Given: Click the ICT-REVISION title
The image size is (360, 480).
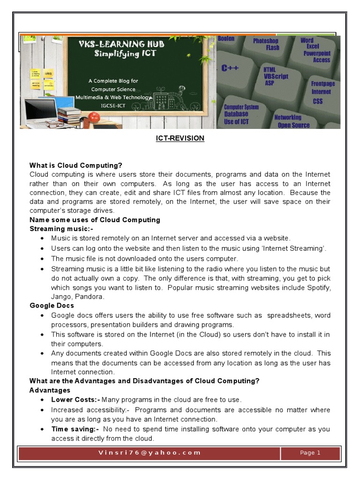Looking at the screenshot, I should coord(180,138).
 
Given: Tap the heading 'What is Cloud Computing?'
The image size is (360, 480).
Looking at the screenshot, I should coord(75,165).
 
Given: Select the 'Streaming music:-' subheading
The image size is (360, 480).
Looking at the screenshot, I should coord(61,229).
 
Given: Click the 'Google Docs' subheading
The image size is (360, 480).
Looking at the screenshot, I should coord(52,306).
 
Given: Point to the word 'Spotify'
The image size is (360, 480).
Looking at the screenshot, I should coord(319,287).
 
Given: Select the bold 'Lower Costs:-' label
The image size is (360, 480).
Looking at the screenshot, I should coord(76,400).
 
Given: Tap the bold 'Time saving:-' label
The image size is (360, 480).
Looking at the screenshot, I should coord(75,429).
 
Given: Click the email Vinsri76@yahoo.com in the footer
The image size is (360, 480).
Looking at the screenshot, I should coord(150,453).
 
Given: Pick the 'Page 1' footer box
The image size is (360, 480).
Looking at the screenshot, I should coord(310,453).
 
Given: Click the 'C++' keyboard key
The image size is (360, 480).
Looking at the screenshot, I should coord(230,68).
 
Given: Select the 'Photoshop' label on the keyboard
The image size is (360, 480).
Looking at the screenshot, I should coord(266,41).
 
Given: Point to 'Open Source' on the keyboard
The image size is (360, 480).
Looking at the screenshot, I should coord(293,125).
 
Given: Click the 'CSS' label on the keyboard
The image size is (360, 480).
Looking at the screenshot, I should coord(317,101).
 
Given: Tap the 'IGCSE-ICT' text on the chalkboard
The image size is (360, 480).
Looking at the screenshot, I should coord(113,105).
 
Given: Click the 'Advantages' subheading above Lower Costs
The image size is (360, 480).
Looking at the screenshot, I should coord(50,390).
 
